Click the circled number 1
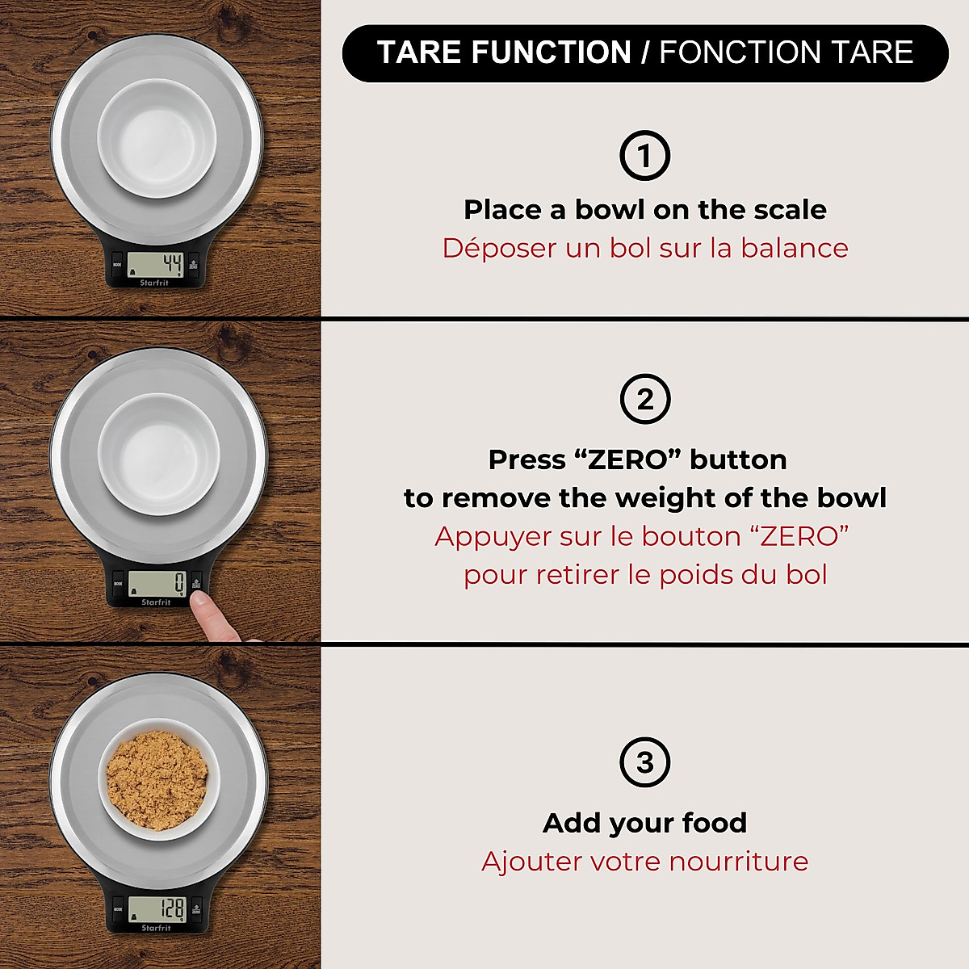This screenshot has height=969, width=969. click(x=644, y=155)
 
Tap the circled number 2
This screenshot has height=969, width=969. click(x=644, y=399)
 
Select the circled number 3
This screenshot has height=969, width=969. click(x=644, y=762)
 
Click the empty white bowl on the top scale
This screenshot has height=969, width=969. click(x=157, y=138)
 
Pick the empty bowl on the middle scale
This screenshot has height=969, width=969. click(x=158, y=455)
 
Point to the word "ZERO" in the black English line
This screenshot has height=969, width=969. click(x=627, y=459)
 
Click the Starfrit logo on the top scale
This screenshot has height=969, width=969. click(x=153, y=283)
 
